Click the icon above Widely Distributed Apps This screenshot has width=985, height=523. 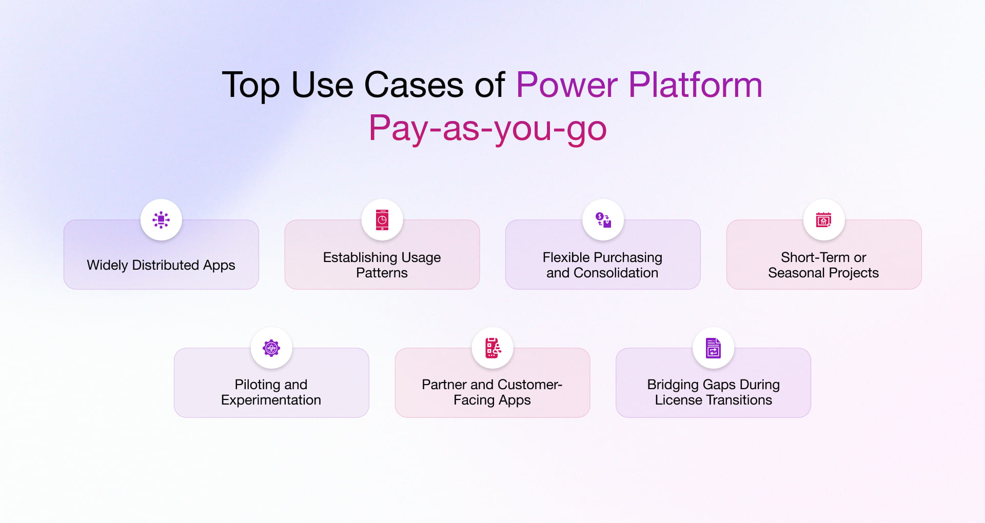point(161,219)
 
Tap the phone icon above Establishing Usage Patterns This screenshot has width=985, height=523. point(382,219)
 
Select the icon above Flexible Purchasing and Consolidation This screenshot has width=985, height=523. point(603,219)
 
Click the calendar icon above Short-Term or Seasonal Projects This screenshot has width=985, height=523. point(823,219)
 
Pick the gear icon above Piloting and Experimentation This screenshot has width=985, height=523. point(271,348)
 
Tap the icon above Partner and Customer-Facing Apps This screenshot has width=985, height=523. point(492,348)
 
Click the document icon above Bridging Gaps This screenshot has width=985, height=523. point(713,348)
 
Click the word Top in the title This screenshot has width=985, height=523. point(250,85)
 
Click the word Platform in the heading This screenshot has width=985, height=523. point(695,85)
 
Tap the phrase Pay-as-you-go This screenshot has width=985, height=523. point(487,128)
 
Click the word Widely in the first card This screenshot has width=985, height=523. point(107,265)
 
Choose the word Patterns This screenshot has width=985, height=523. point(382,273)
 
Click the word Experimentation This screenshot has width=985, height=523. point(271,400)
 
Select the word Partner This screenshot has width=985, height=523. point(444,385)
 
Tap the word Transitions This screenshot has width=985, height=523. point(739,400)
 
